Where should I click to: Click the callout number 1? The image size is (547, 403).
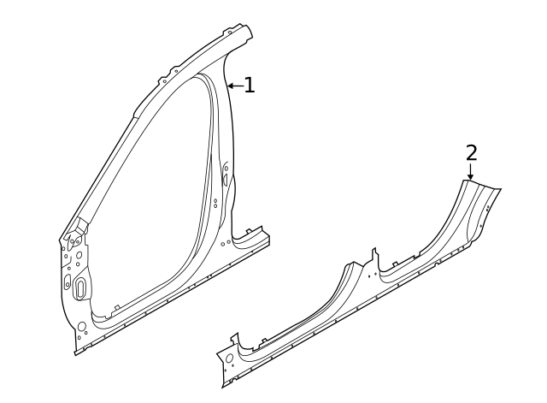tap(249, 86)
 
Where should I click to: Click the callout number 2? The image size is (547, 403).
tap(471, 153)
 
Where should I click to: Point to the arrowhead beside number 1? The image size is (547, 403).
tap(231, 86)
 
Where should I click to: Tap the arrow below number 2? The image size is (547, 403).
tap(471, 172)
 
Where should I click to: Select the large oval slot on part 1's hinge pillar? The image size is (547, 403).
tap(80, 287)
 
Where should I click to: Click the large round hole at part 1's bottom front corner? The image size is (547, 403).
tap(82, 327)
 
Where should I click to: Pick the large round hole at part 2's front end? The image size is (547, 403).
tap(230, 359)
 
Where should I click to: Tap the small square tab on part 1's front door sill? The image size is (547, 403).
tap(117, 307)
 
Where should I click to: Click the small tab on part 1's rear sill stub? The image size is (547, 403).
tap(249, 231)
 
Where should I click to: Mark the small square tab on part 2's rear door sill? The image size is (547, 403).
tap(395, 264)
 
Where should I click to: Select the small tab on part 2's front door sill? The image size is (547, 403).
tap(264, 340)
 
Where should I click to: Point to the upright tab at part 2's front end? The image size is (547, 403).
tap(234, 338)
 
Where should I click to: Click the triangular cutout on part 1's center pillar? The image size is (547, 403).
tap(226, 180)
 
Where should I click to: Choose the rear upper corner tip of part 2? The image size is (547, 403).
tap(501, 189)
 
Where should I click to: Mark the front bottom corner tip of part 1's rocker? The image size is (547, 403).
tap(75, 355)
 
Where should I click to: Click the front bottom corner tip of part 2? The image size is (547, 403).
tap(223, 387)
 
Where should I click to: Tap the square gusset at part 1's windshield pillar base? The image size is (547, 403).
tap(81, 225)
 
